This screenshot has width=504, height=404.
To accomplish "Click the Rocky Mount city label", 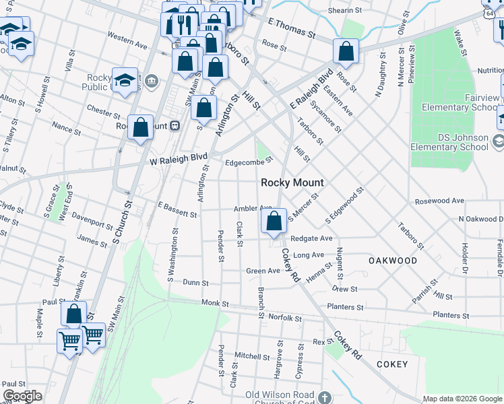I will point(292,182).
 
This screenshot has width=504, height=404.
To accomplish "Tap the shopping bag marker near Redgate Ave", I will point(274,222).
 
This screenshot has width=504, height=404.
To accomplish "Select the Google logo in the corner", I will point(22,396).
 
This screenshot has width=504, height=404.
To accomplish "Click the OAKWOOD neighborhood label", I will point(392,260).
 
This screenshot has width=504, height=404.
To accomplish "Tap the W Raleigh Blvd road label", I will point(179,158).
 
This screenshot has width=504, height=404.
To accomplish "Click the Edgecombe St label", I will point(249,161).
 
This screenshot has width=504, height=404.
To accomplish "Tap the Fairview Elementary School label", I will point(461,102).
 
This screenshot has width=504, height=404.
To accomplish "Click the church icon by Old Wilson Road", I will point(325,397).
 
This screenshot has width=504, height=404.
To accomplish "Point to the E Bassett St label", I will point(177,210).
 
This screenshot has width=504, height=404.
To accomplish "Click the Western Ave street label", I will point(127,40).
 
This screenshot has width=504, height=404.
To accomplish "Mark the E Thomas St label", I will point(292,28).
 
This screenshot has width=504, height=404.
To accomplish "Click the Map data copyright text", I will point(462,398).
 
